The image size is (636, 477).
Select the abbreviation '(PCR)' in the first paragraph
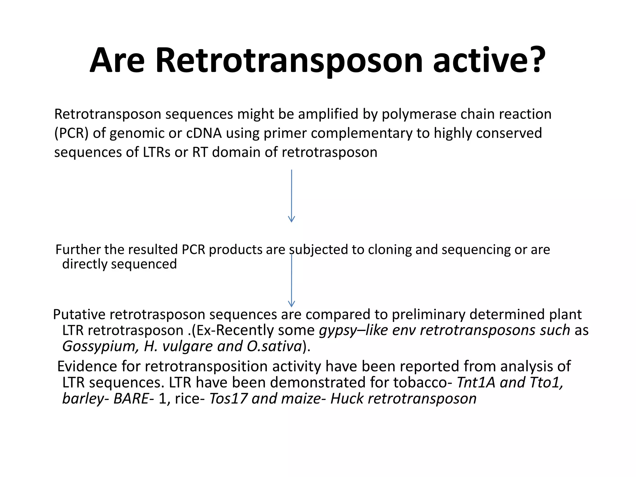(71, 133)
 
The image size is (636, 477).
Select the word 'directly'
(84, 264)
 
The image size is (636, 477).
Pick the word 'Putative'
(79, 315)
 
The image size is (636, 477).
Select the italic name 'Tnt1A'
(476, 382)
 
